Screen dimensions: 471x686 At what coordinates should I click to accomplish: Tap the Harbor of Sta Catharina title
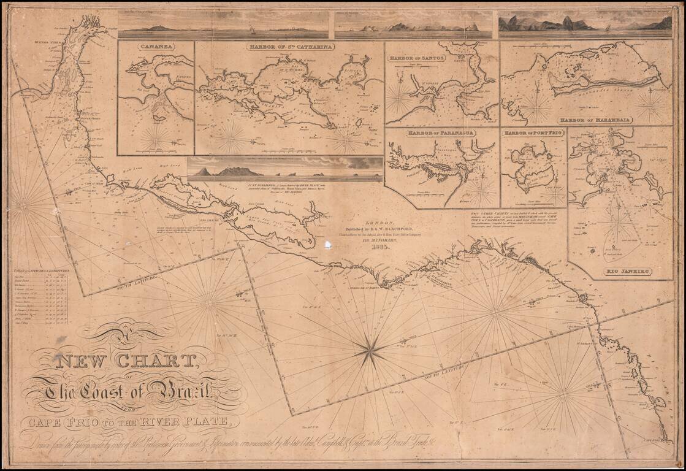coord(291,47)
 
